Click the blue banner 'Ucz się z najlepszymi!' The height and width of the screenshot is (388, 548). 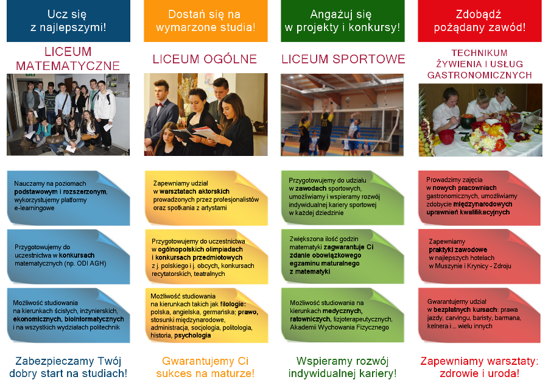tap(68, 21)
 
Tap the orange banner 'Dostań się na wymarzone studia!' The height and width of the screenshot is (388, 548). tap(206, 21)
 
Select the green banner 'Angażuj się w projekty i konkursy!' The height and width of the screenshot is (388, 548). tap(342, 21)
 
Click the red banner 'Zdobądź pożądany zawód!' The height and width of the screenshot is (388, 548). tap(480, 21)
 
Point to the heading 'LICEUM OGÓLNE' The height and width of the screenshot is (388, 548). tap(205, 59)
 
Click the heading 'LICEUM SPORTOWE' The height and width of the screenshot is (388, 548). tap(343, 59)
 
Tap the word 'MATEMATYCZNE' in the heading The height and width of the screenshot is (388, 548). tap(68, 66)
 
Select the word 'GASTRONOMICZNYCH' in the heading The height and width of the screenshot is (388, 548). tap(480, 75)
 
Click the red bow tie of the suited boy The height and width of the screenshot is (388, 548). tap(159, 104)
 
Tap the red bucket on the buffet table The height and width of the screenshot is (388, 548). tap(446, 136)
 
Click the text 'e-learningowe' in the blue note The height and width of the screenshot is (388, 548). tap(34, 208)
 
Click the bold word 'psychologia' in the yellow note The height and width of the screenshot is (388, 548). tap(192, 336)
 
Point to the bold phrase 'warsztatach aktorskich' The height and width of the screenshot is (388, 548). tap(194, 191)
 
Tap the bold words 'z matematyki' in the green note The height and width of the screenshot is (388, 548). tap(310, 272)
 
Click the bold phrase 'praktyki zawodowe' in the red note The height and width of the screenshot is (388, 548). tap(458, 250)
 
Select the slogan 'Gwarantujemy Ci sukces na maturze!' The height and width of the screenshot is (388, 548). tap(205, 367)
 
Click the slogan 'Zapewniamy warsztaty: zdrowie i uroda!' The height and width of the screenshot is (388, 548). tap(480, 367)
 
